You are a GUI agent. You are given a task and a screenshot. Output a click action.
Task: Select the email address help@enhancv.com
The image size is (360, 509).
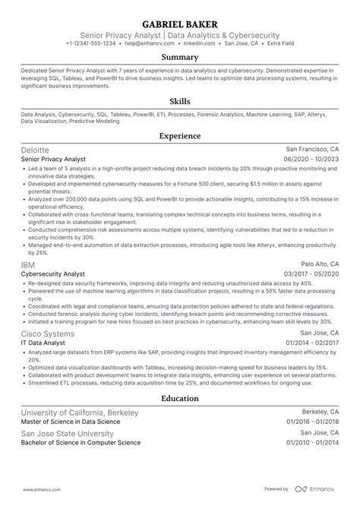pos(149,44)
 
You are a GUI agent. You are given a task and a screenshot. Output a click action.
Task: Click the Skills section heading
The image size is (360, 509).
pos(180,101)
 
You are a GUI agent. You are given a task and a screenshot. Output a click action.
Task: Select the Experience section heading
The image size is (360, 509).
pos(180,136)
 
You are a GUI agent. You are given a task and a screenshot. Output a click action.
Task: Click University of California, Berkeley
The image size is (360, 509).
pos(81,432)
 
